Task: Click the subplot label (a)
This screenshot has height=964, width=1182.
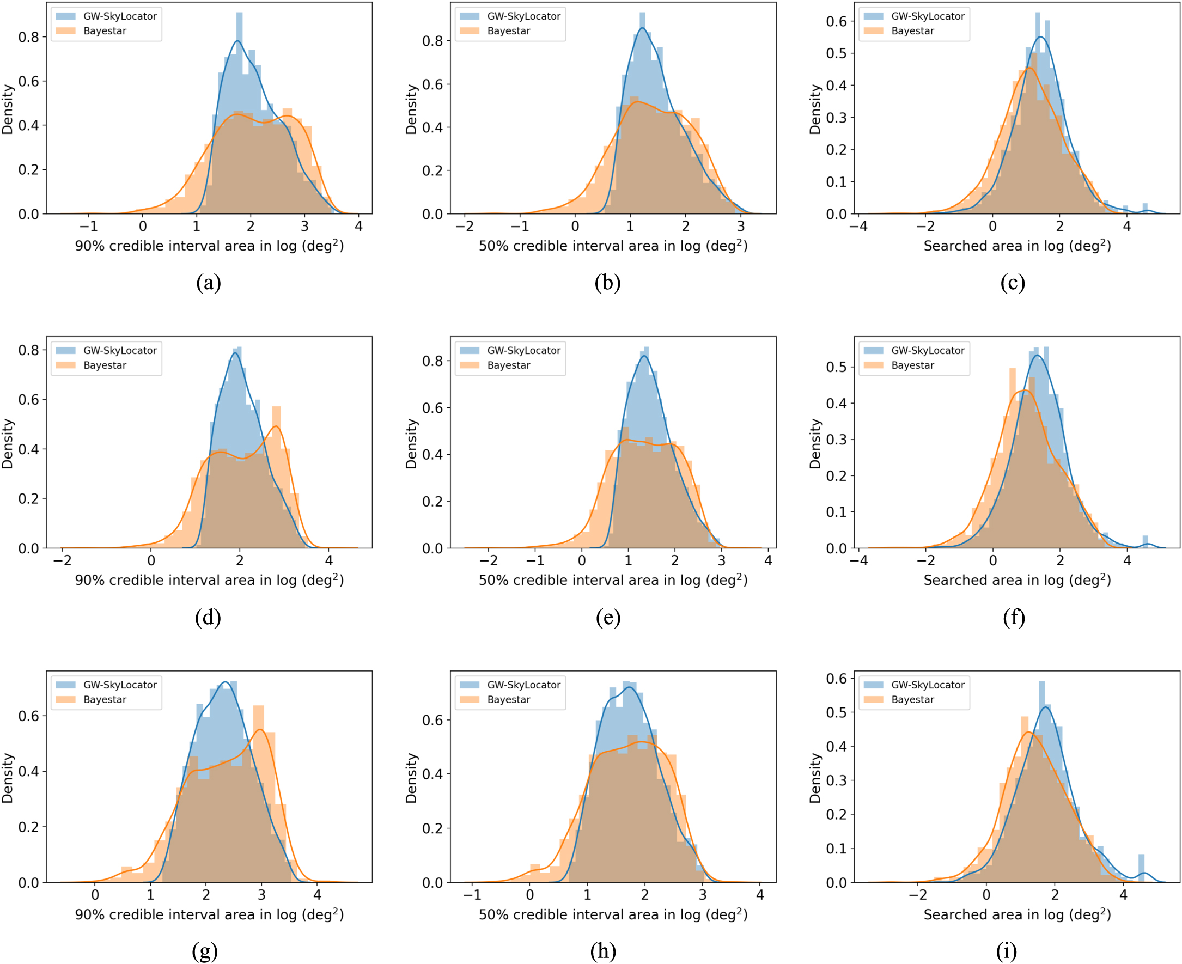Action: click(x=208, y=283)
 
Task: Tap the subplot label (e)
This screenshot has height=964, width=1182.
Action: click(x=608, y=618)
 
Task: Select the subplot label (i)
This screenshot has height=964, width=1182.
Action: click(x=1007, y=952)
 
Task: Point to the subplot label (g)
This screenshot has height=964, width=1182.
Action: click(x=204, y=952)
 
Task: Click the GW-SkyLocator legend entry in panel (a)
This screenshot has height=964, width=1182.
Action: click(x=119, y=16)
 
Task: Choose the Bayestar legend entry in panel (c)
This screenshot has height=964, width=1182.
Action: click(x=912, y=31)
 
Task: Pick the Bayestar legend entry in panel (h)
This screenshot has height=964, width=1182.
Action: click(x=508, y=700)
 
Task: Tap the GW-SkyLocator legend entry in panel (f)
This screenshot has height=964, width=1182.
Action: click(x=927, y=350)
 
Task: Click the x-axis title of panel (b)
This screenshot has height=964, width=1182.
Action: click(x=613, y=246)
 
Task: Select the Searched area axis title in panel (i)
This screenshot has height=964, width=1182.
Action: click(x=1017, y=914)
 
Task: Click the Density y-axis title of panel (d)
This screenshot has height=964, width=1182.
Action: click(x=7, y=444)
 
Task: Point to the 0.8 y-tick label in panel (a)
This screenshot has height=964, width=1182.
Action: click(x=28, y=37)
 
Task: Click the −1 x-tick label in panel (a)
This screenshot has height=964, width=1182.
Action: click(x=88, y=227)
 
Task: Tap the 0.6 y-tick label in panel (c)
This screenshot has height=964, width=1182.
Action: click(x=836, y=21)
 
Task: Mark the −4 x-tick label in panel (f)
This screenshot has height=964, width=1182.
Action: click(x=859, y=561)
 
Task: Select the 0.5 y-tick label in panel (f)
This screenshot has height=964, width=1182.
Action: click(x=836, y=367)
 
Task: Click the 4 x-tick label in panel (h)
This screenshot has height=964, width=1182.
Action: click(x=760, y=895)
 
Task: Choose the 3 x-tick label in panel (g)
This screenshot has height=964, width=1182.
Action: click(x=261, y=895)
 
